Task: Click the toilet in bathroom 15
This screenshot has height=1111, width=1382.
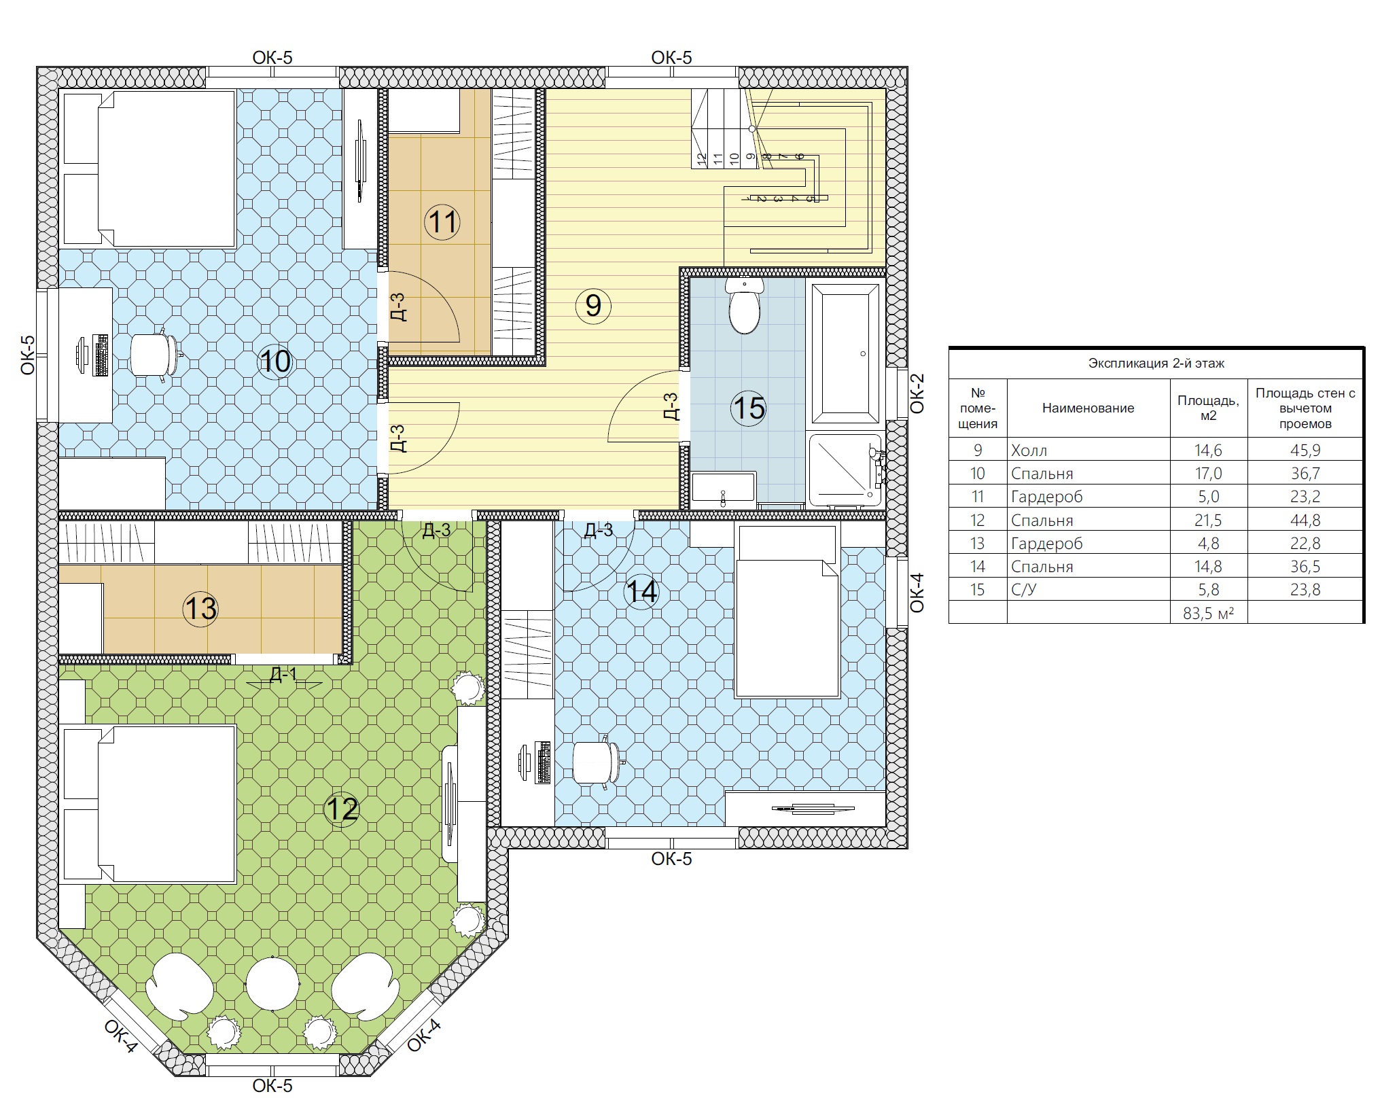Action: point(744,305)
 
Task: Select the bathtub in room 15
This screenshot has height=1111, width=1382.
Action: point(845,353)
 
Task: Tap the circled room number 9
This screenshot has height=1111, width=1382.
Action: point(593,306)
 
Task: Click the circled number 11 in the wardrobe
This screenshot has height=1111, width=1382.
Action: point(442,222)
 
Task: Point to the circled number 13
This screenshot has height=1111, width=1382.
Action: point(200,608)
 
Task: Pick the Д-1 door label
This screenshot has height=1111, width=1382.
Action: point(283,674)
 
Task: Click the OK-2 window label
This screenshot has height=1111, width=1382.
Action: point(917,393)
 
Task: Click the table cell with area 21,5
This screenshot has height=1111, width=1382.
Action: point(1208,521)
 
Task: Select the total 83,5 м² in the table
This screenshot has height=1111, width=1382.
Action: point(1208,614)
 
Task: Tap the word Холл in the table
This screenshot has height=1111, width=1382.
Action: point(1029,451)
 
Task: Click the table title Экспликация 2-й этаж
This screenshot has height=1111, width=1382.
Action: point(1156,364)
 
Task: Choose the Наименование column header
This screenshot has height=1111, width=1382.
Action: point(1088,408)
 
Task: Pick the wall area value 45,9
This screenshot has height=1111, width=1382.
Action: point(1305,451)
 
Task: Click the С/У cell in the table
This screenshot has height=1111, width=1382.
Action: point(1024,590)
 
